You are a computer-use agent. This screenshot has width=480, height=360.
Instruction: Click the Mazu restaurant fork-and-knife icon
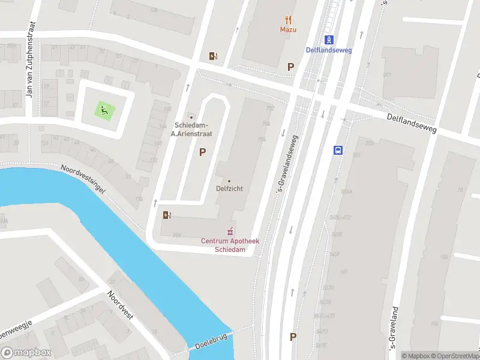point(289,19)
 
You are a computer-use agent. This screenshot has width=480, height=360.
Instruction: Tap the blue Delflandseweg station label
point(329,50)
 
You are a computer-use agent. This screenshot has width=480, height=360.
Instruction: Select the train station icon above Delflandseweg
point(329,40)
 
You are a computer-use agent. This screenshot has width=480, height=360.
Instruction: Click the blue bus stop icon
point(338,150)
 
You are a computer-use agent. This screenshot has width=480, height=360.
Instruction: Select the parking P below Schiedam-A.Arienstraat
point(203,152)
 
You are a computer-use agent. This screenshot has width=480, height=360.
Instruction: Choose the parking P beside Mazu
point(291,67)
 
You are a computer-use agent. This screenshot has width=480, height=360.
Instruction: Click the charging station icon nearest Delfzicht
point(167,215)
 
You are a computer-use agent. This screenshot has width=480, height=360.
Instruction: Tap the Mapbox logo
point(26,353)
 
